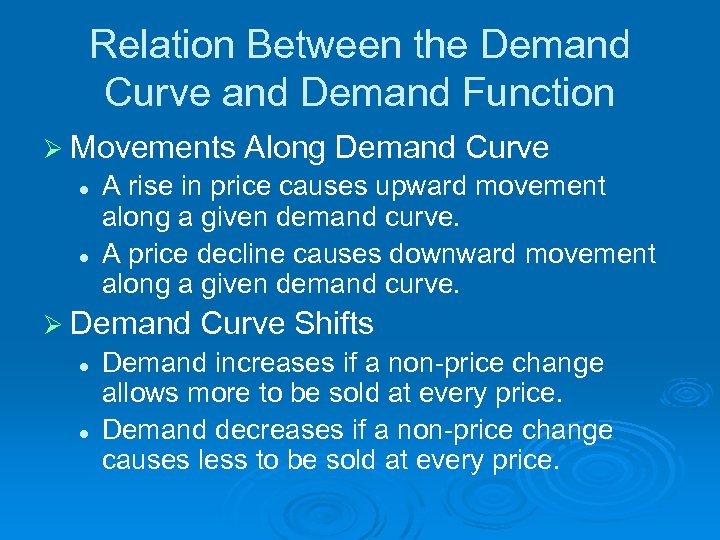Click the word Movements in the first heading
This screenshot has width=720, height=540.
tap(153, 148)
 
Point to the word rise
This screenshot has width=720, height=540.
tap(143, 187)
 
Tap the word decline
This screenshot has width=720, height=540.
tap(237, 255)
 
